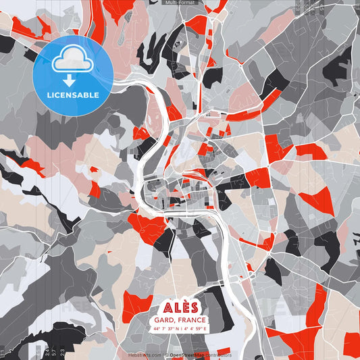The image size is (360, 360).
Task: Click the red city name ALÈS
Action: click(180, 306)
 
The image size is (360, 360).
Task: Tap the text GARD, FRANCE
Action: click(180, 319)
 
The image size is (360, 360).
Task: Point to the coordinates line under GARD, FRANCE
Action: click(180, 329)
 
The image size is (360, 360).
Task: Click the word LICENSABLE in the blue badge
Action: click(73, 94)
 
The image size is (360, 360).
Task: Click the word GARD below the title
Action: click(164, 319)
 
